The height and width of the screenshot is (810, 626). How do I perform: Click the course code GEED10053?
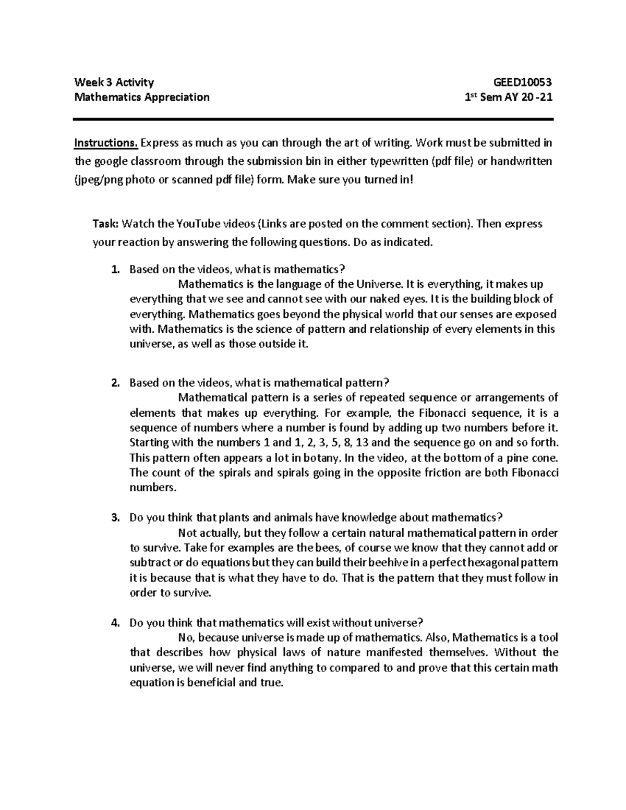click(523, 82)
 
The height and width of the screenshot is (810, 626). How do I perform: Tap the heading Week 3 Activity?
click(114, 82)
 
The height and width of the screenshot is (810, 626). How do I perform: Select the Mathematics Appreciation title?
click(142, 97)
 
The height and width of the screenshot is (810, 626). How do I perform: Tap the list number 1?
click(115, 270)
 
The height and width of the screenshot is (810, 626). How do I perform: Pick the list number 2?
click(115, 383)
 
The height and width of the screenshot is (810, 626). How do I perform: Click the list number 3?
click(115, 518)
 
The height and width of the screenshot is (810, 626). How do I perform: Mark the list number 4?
click(115, 623)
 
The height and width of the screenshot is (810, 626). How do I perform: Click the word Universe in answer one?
click(379, 284)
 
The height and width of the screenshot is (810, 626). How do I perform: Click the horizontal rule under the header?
click(313, 119)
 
